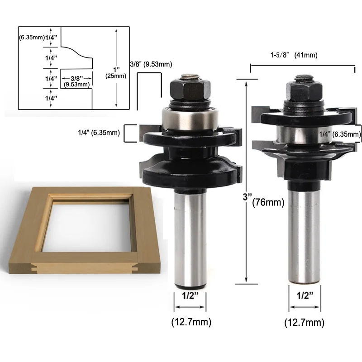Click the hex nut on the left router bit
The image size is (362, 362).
pos(190,90)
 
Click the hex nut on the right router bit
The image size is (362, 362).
pos(304,91)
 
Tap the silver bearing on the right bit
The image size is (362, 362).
pos(304,134)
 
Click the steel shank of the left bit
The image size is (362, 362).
pos(190,238)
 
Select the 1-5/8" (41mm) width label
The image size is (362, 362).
pos(294,55)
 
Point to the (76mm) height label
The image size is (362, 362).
pos(268,202)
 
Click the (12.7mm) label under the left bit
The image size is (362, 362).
pos(191,322)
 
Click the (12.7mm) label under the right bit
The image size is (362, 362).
pos(304,323)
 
